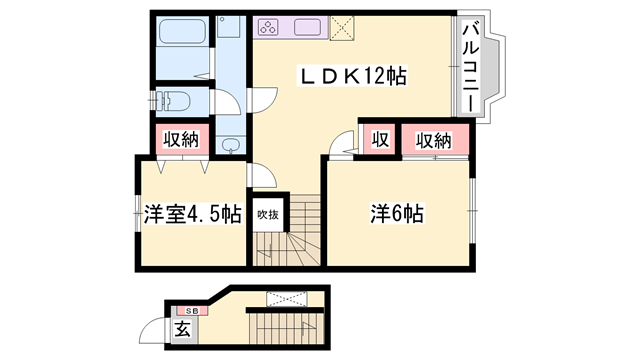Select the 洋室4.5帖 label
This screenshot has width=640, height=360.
192,214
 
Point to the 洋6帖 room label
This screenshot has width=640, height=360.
398,213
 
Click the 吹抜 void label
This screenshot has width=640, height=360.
267,213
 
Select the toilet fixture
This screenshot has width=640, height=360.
176,100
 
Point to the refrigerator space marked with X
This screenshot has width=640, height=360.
342,27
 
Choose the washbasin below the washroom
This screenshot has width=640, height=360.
231,146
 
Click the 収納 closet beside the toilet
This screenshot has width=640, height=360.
180,139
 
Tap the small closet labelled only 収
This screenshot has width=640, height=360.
379,138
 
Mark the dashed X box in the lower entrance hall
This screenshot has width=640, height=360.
283,298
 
